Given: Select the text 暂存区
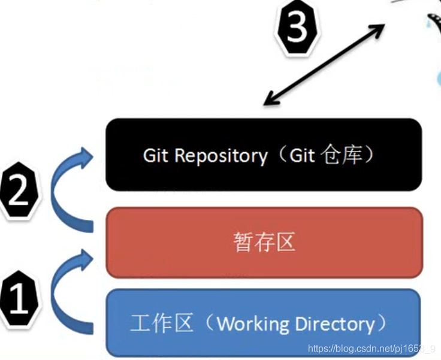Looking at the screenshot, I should point(264,243).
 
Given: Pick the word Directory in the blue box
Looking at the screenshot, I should point(336,324).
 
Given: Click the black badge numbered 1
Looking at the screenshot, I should point(20,300).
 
